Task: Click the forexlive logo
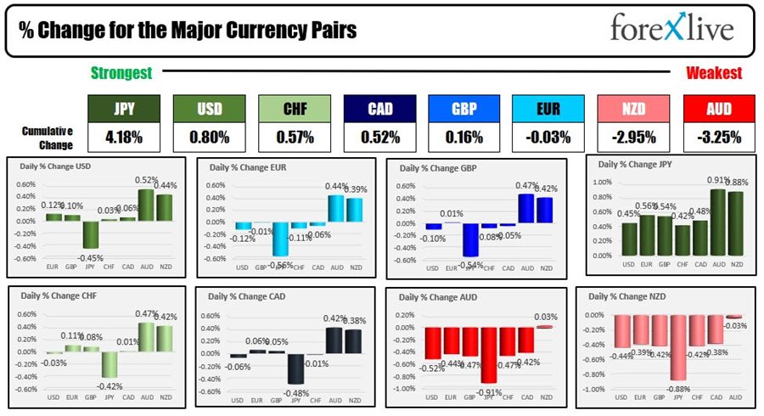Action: pos(671,29)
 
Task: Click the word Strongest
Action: pos(121,74)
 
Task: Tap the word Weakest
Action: pos(714,74)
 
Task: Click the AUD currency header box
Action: pos(718,109)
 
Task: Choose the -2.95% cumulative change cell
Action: pos(632,136)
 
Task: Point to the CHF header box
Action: pos(294,109)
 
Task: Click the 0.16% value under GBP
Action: pos(463,136)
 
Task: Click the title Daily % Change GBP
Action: pos(439,167)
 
